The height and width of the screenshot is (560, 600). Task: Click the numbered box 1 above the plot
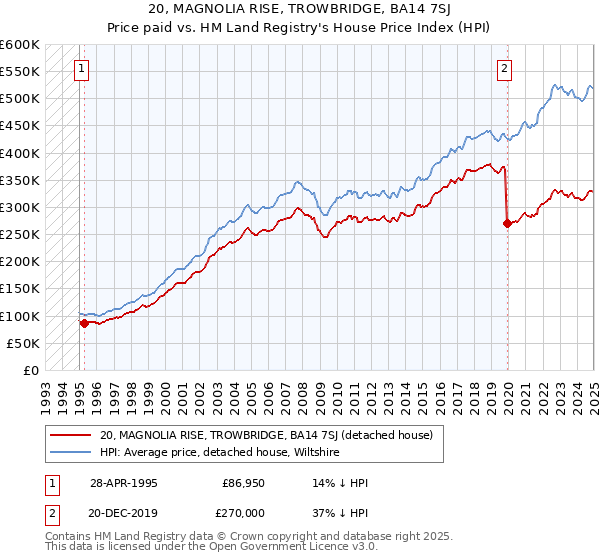click(80, 69)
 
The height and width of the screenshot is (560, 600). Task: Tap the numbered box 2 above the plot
click(504, 69)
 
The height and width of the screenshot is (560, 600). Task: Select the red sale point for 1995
click(84, 323)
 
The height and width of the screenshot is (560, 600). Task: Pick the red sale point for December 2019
click(507, 223)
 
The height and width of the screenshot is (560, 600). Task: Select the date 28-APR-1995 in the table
click(123, 482)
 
